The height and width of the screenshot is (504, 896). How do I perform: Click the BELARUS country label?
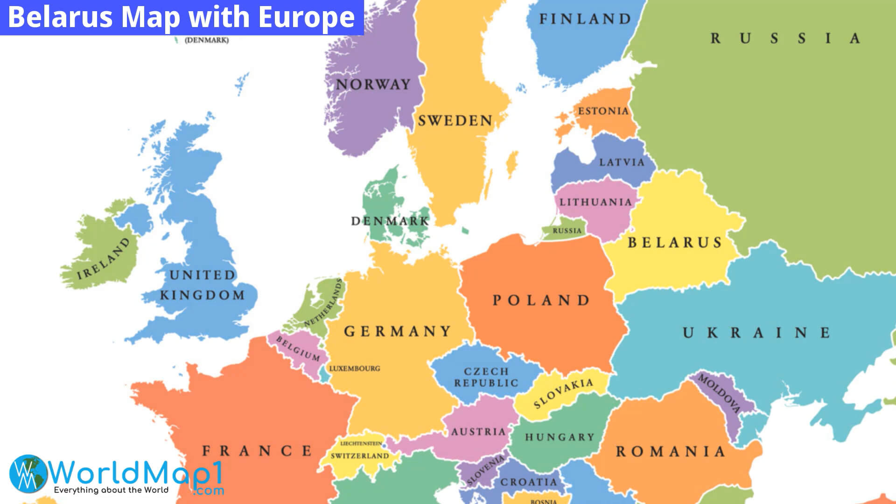pyautogui.click(x=675, y=242)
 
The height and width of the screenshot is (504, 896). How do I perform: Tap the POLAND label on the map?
pyautogui.click(x=541, y=300)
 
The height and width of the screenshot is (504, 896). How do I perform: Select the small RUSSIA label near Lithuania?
pyautogui.click(x=567, y=231)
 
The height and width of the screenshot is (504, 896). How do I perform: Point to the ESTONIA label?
pyautogui.click(x=603, y=111)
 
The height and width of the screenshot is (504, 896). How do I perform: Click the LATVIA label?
pyautogui.click(x=622, y=162)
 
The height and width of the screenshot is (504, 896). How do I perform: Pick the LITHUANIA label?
pyautogui.click(x=595, y=202)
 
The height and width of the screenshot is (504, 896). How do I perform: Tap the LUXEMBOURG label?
pyautogui.click(x=355, y=368)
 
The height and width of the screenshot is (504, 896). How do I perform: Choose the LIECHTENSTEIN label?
pyautogui.click(x=361, y=443)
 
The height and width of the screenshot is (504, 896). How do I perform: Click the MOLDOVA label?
pyautogui.click(x=719, y=393)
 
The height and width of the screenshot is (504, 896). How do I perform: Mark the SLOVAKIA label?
pyautogui.click(x=563, y=393)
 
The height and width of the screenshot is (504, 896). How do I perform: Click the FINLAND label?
pyautogui.click(x=585, y=19)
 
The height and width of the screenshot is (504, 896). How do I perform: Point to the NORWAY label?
pyautogui.click(x=373, y=84)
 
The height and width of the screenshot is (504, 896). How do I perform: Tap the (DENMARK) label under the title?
pyautogui.click(x=207, y=40)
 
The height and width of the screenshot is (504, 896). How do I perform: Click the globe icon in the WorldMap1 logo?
pyautogui.click(x=28, y=474)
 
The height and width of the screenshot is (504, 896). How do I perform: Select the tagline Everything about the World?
pyautogui.click(x=111, y=490)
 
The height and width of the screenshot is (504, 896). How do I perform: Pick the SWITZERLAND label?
pyautogui.click(x=360, y=455)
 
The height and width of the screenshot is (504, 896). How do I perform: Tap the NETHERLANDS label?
pyautogui.click(x=323, y=303)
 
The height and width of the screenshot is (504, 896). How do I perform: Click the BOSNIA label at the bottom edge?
pyautogui.click(x=543, y=501)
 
